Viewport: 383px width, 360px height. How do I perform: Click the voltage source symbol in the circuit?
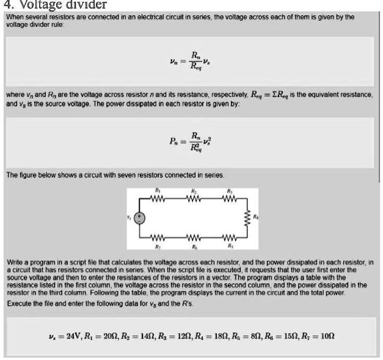tap(140, 218)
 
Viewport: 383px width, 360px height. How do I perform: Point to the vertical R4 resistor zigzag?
tap(247, 218)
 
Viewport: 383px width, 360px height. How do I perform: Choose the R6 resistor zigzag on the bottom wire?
tap(194, 237)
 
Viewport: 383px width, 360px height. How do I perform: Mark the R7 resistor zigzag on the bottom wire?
tap(159, 237)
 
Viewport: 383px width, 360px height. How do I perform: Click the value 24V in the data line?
tap(73, 336)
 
